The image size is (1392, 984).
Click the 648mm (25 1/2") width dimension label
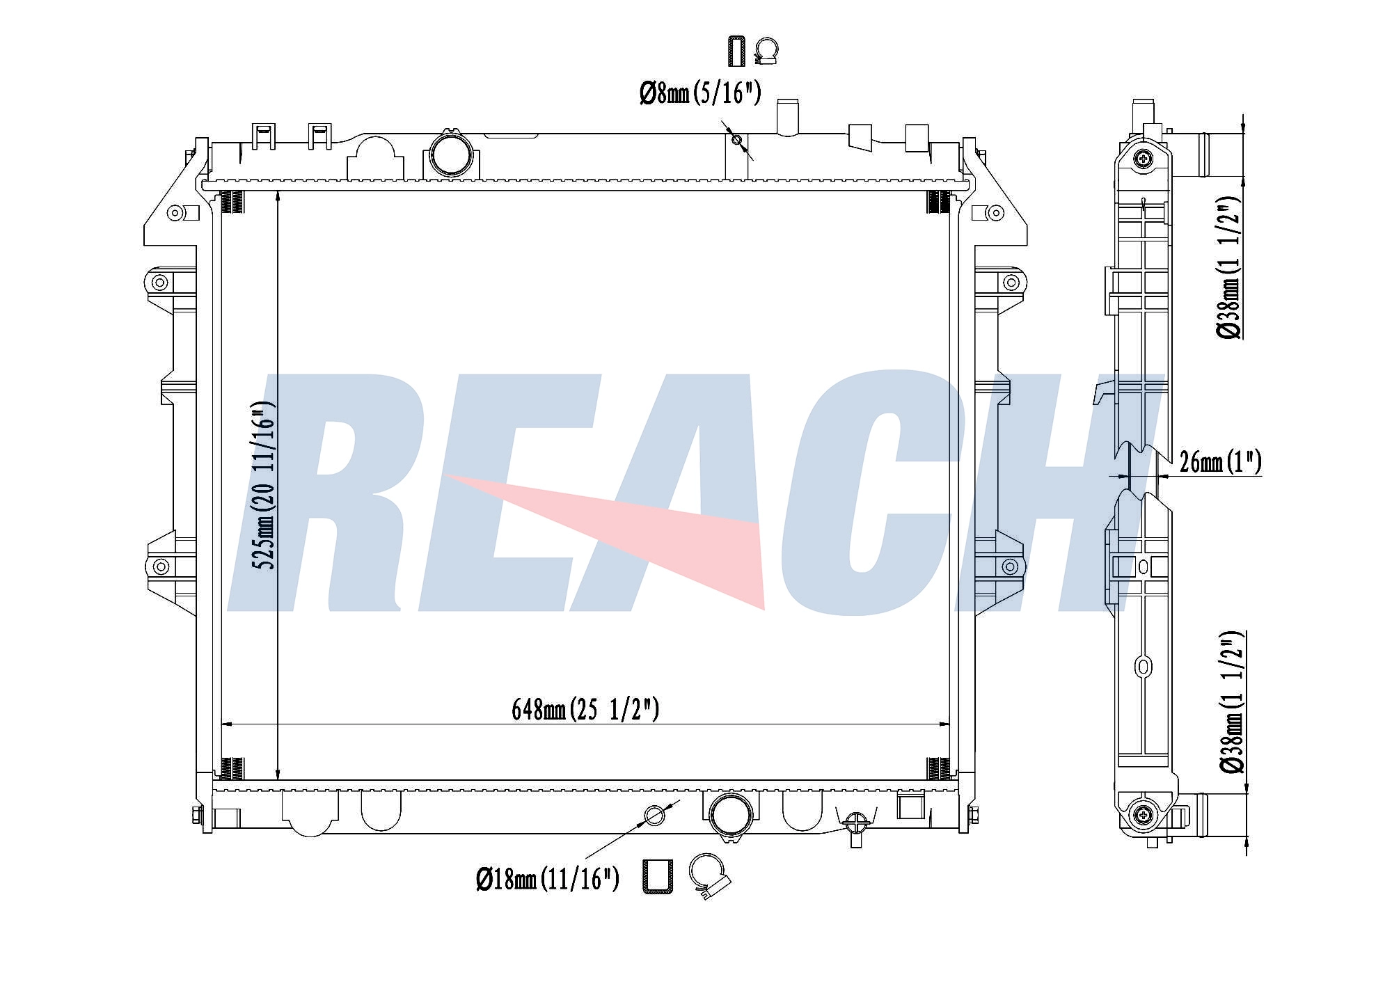[585, 710]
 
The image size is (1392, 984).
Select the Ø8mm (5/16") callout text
[700, 93]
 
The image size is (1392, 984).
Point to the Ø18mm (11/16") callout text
[548, 880]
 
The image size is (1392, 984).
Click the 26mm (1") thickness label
[1221, 461]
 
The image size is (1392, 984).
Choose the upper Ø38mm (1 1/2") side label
[1230, 267]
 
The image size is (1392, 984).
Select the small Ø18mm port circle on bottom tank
[654, 814]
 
